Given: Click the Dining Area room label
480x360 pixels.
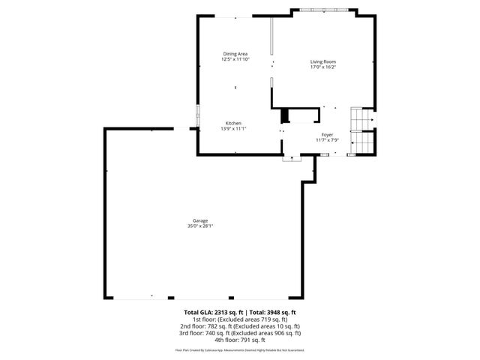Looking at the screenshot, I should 235,53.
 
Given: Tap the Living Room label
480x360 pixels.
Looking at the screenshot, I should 323,61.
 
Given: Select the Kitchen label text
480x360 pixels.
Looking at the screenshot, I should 233,123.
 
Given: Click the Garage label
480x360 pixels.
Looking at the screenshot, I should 200,220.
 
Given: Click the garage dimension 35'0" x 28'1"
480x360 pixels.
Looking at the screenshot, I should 200,226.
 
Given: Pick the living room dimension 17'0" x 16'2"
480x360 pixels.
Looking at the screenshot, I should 323,67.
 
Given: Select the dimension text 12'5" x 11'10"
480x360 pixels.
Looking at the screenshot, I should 235,58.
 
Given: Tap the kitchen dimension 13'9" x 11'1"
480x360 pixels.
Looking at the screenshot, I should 233,128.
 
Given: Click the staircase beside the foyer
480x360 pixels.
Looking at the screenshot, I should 362,132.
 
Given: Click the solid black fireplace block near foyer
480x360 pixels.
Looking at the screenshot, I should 284,116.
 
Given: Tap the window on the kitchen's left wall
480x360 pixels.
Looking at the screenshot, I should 198,116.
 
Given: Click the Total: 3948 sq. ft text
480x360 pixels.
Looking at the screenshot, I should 272,312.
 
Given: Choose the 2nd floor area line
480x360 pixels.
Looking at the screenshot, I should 239,326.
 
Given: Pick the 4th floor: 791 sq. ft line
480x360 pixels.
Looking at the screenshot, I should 239,340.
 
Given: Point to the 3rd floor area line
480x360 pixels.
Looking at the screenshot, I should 239,333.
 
